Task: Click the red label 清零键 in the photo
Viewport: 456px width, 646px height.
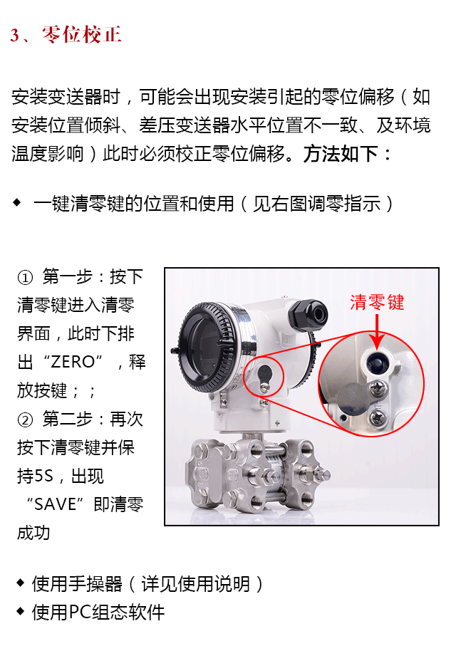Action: pyautogui.click(x=377, y=302)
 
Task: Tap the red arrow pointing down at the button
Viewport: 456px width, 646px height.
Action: pyautogui.click(x=376, y=328)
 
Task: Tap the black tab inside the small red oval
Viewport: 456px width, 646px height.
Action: pyautogui.click(x=264, y=373)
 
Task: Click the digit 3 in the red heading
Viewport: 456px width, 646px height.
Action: pyautogui.click(x=15, y=36)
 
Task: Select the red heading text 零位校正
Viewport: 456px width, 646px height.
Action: pyautogui.click(x=82, y=35)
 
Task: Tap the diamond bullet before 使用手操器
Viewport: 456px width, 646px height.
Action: pyautogui.click(x=20, y=583)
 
